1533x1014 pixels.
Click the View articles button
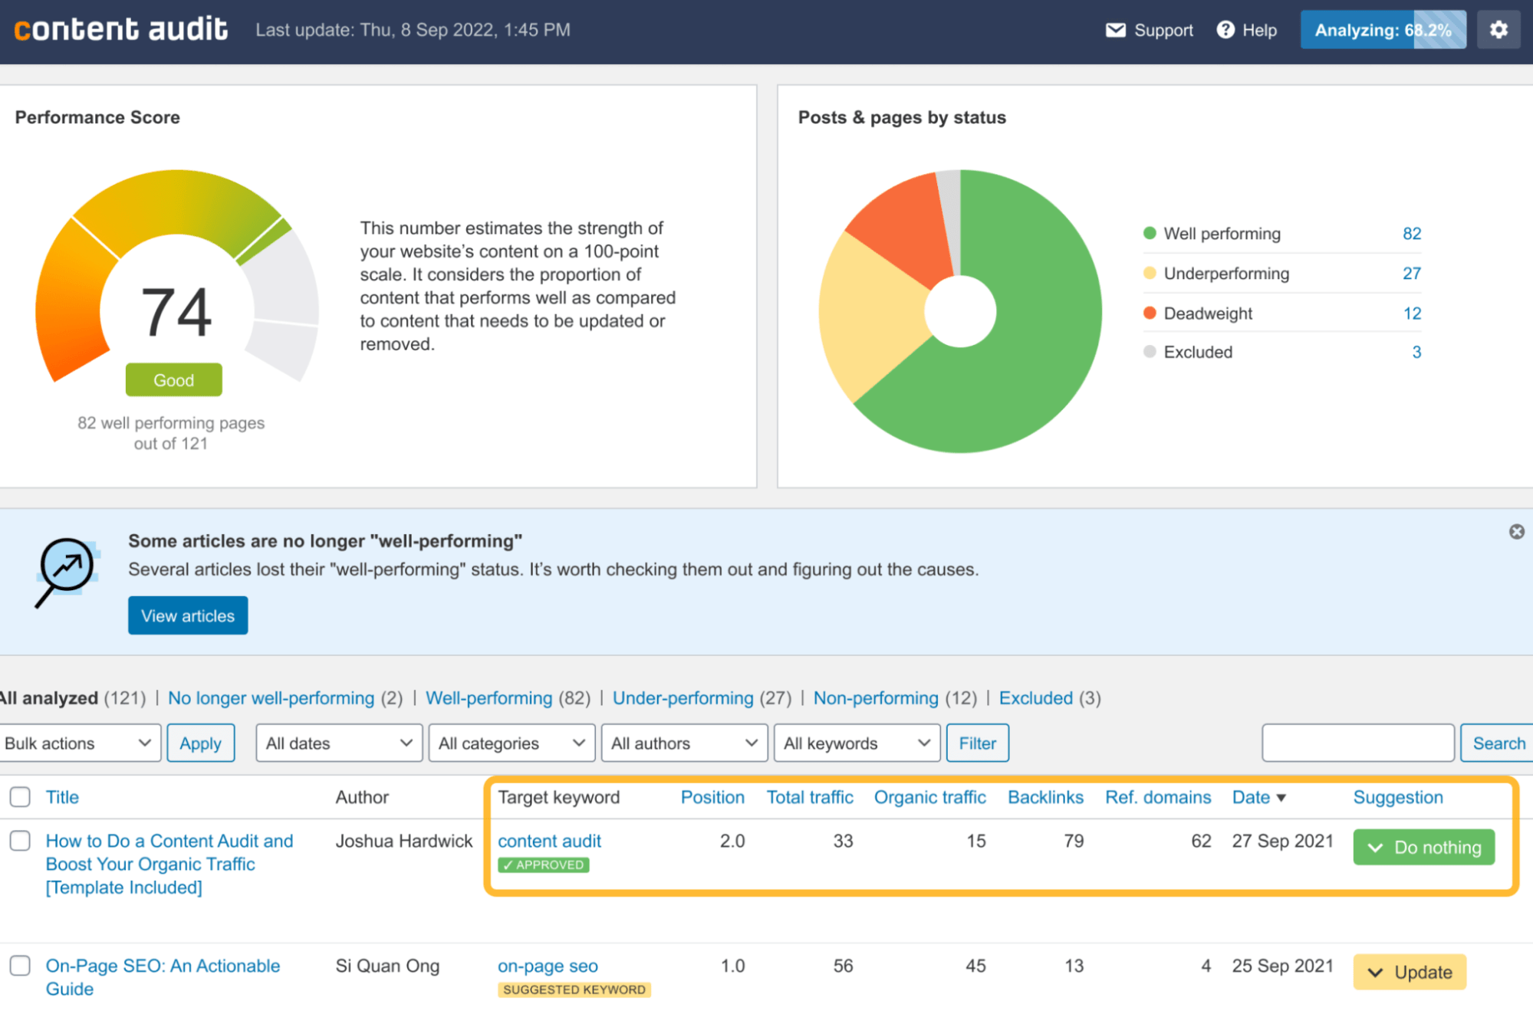[188, 615]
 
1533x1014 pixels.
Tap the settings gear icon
[1498, 30]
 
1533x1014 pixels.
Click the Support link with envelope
[1149, 30]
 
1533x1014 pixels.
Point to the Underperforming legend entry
[1225, 274]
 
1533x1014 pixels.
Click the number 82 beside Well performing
[1411, 234]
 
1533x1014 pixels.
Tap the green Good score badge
[174, 380]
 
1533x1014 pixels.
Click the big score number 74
[176, 312]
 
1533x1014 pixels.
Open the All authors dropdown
[684, 743]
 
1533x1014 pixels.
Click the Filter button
[977, 743]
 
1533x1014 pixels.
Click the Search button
[1498, 743]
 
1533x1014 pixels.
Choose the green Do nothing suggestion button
[1423, 847]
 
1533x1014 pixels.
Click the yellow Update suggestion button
[1409, 972]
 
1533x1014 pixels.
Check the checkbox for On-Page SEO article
[21, 965]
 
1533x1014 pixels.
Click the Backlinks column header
[1044, 797]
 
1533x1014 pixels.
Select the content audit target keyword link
[549, 841]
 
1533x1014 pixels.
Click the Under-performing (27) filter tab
[683, 698]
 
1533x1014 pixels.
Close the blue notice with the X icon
[1516, 532]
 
